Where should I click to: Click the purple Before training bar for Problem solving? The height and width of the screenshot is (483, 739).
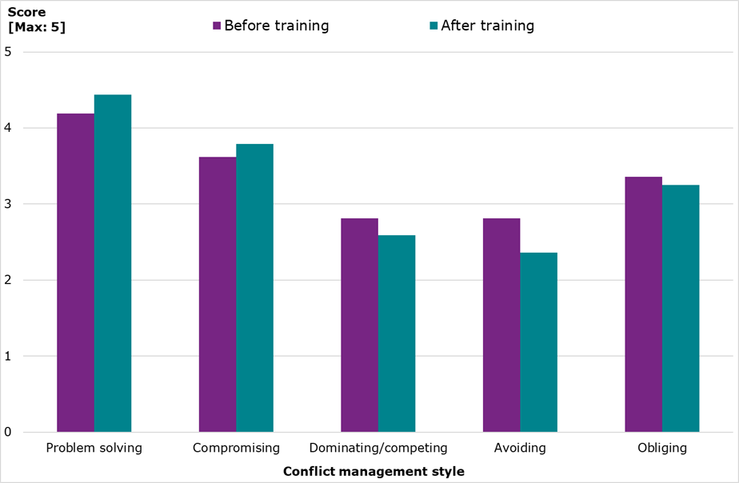75,273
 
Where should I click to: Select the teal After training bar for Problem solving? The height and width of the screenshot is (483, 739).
113,263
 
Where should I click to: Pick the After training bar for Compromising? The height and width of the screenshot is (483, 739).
254,288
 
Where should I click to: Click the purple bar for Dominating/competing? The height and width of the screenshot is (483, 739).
359,325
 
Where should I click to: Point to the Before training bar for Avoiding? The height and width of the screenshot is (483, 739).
501,325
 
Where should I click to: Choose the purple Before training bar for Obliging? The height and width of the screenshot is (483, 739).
643,304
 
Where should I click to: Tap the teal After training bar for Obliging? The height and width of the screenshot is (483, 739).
681,309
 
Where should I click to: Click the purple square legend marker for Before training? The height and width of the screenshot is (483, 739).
217,26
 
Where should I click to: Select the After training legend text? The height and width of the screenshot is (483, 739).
487,26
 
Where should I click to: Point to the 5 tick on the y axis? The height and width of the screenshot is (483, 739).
9,52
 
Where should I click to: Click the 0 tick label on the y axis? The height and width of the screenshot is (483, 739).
9,432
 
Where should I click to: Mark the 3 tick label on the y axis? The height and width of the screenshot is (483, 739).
9,204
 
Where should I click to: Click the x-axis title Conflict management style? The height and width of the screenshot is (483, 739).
373,472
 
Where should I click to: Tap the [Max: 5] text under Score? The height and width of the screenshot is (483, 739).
37,28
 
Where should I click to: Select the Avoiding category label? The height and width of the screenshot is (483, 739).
520,448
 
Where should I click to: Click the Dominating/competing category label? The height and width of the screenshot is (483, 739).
378,448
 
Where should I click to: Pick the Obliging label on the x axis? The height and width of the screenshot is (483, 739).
662,448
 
